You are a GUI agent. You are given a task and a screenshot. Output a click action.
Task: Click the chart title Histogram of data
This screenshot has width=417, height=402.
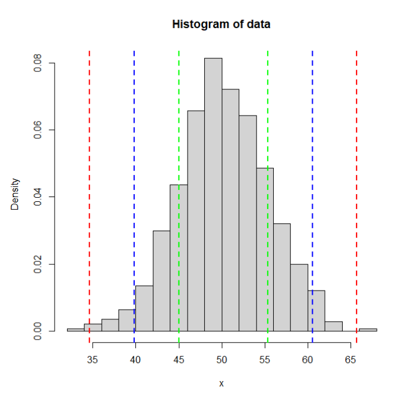[221, 25]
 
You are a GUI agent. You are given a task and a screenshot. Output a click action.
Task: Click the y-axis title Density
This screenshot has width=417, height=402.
[15, 194]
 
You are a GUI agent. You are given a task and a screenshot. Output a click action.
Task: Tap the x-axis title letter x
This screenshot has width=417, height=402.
[221, 383]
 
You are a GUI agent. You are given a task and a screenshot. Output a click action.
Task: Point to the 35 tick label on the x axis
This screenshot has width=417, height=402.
[92, 359]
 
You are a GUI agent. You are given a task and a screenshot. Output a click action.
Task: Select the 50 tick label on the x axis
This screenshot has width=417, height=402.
[222, 359]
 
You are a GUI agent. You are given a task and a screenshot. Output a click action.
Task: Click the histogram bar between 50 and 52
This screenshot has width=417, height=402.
[231, 210]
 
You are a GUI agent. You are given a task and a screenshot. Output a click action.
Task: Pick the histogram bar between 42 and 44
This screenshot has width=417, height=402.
[162, 282]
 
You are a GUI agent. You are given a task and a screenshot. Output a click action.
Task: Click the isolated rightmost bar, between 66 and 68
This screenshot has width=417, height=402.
[368, 330]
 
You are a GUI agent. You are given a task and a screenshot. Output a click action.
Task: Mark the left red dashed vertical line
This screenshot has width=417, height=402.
[89, 180]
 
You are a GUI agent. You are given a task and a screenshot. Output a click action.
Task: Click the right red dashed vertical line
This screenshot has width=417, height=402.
[356, 180]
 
